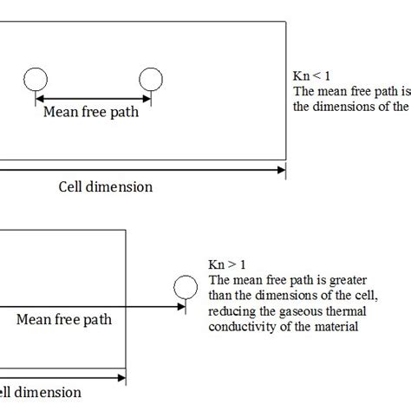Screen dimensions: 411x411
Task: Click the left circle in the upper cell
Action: coord(36,80)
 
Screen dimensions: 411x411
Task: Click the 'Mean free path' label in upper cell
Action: coord(92,111)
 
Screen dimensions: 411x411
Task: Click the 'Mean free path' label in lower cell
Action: coord(63,319)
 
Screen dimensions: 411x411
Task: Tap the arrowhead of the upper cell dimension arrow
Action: coord(282,170)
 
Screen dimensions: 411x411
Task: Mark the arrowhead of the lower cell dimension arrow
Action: coord(122,375)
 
